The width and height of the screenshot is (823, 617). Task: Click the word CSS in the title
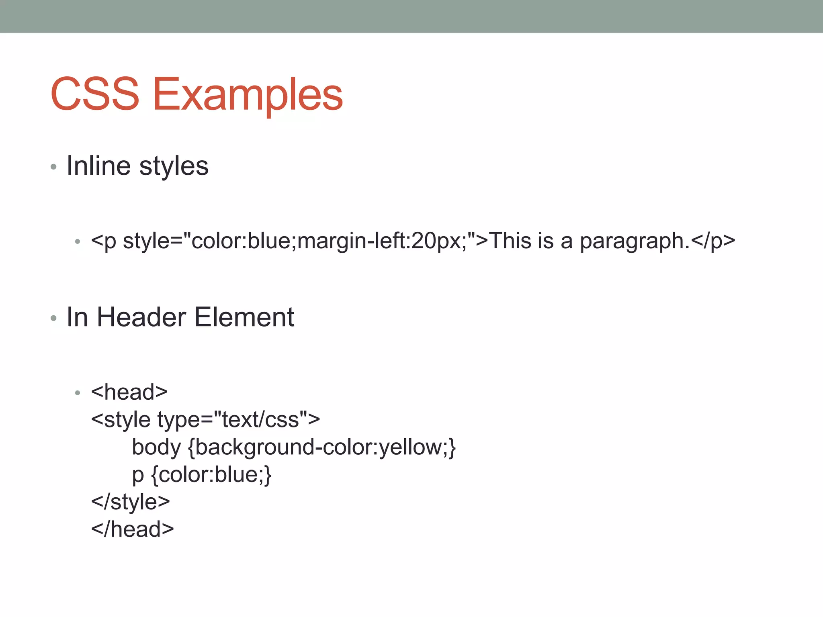coord(95,94)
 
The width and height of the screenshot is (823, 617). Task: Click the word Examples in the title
coord(248,95)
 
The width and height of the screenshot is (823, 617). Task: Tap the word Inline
coord(98,165)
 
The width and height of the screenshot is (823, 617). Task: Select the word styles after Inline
coord(174,166)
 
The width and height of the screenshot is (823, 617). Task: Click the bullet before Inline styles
coord(53,166)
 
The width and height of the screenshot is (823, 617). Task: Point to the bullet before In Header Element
coord(53,318)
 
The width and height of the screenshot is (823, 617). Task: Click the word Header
coord(141,317)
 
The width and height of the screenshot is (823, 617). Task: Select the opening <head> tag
coord(129,392)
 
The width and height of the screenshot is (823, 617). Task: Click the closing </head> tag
coord(132,529)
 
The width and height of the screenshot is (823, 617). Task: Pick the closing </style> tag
coord(130,502)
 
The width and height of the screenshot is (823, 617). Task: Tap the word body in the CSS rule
coord(156,447)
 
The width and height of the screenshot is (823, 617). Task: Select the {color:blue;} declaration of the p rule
coord(211,475)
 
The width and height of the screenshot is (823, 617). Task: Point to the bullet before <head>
coord(78,392)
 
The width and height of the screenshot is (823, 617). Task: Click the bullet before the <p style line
coord(78,242)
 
